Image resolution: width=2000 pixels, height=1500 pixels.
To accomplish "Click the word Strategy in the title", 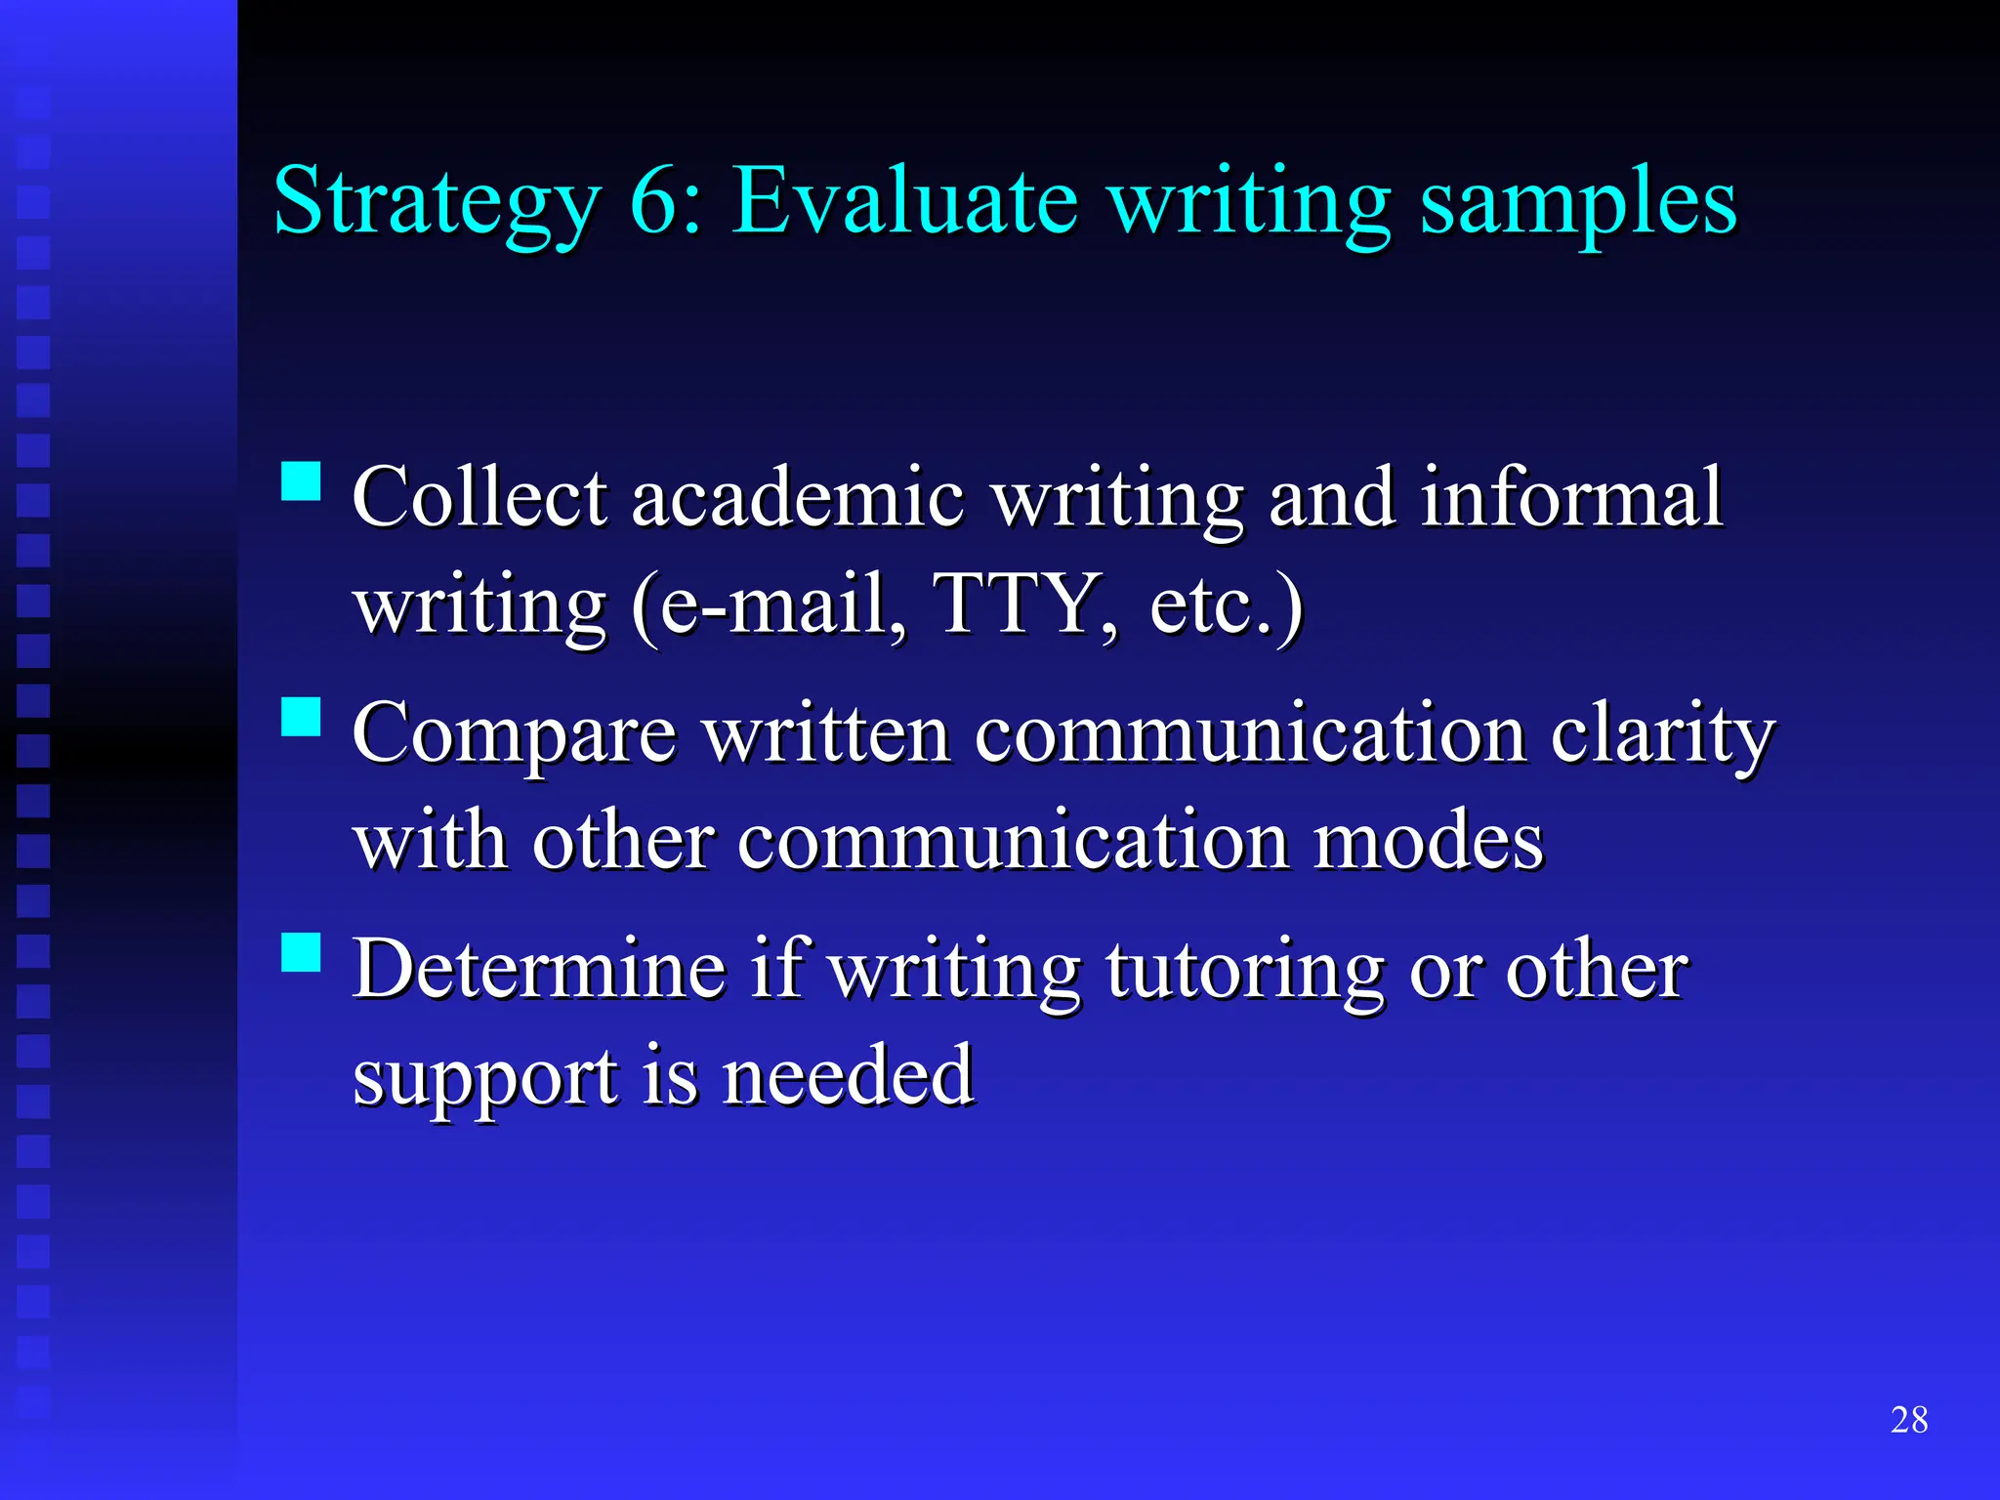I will tap(436, 203).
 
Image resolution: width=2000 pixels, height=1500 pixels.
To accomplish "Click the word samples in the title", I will tap(1578, 203).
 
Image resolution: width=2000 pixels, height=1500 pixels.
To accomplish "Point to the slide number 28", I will tap(1909, 1420).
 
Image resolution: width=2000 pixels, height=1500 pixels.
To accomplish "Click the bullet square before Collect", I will tap(301, 480).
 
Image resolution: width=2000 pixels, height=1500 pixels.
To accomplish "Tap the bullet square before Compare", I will tap(301, 716).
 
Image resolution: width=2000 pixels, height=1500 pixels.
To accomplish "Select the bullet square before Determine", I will tap(301, 951).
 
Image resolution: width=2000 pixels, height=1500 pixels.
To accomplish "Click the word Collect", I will tap(479, 497).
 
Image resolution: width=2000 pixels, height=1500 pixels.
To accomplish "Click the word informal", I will tap(1571, 497).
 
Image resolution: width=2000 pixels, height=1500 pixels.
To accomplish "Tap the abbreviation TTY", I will tap(1016, 604).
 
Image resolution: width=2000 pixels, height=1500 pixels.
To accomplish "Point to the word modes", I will tap(1428, 840).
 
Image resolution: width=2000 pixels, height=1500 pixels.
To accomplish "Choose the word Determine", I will tap(539, 969).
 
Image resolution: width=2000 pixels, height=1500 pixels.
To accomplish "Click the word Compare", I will tap(514, 734).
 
